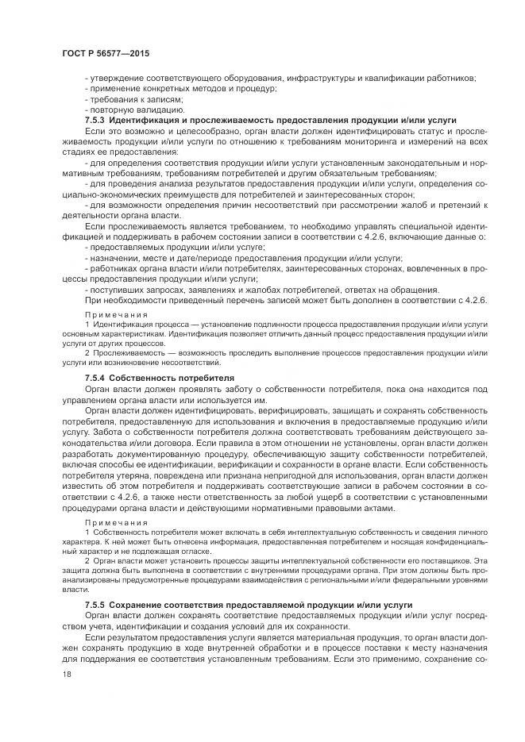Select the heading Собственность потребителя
click(x=167, y=378)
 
